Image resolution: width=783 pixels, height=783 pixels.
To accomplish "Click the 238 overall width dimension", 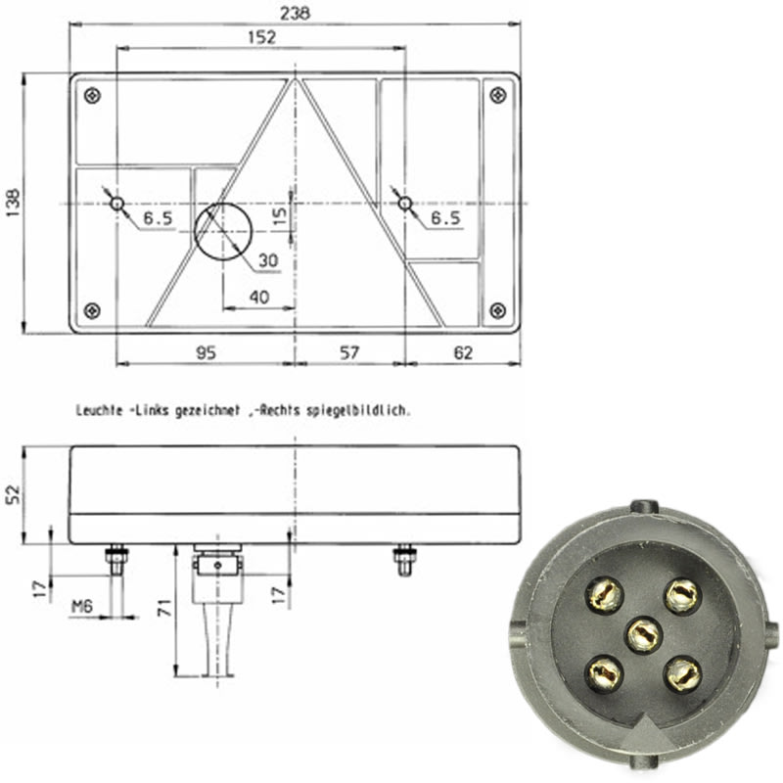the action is [x=295, y=14].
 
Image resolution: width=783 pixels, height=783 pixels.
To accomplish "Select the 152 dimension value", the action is [x=261, y=37].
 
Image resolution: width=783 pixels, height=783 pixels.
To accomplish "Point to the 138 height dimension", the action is [x=13, y=203].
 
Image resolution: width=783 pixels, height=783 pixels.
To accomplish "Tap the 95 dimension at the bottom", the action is [x=206, y=352].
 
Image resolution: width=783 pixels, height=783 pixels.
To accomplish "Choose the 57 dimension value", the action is [x=349, y=352].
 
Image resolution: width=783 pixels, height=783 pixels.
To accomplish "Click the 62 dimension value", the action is [x=463, y=352].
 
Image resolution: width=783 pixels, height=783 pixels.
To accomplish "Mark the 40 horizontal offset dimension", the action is [x=259, y=298].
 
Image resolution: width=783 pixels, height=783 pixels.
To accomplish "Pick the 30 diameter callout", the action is [x=268, y=260].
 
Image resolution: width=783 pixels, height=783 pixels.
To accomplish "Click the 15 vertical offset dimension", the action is [x=280, y=214].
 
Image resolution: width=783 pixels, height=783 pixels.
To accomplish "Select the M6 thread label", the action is [x=82, y=606].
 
